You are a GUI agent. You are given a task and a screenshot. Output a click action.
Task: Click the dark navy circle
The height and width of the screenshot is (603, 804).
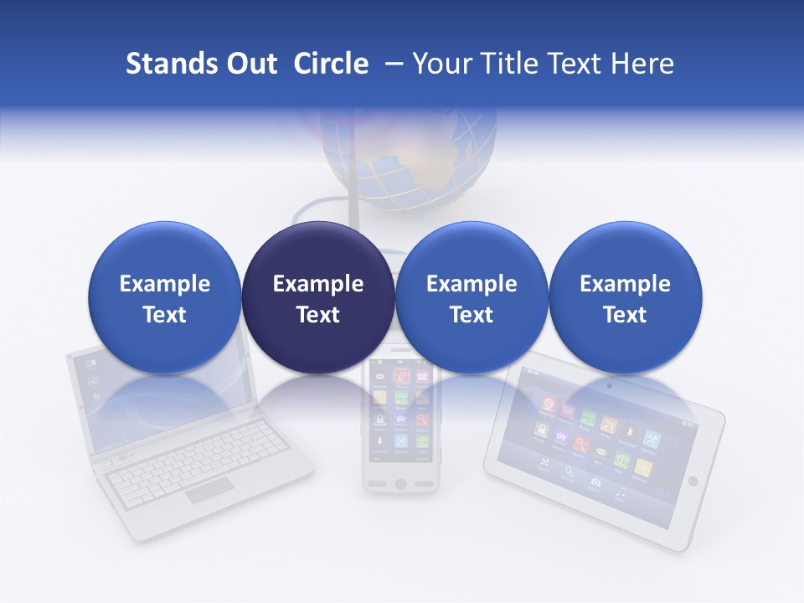(317, 297)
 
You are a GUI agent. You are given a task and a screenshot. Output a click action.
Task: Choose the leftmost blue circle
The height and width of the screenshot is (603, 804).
(164, 297)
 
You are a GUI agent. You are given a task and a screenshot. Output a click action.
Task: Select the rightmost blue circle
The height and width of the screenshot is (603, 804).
(625, 297)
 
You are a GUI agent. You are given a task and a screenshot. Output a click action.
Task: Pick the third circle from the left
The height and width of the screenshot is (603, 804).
(472, 297)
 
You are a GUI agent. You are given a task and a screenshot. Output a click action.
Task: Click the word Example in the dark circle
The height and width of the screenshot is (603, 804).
(318, 284)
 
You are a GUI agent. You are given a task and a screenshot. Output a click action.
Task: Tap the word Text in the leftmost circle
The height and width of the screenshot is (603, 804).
(164, 315)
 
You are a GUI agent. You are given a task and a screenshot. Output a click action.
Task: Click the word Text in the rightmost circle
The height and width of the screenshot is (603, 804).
(625, 315)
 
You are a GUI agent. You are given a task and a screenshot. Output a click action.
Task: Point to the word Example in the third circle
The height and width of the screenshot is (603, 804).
(472, 284)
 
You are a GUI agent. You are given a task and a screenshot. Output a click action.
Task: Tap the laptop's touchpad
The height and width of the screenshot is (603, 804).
(209, 492)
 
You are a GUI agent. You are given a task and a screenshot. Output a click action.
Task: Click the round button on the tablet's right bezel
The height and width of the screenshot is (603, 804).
(693, 481)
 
